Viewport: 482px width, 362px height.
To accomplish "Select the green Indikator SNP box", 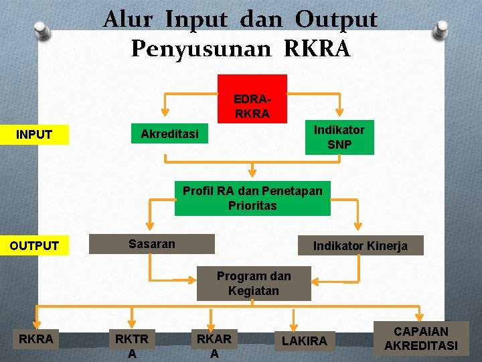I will [339, 137].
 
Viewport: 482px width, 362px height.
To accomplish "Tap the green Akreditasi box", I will [169, 134].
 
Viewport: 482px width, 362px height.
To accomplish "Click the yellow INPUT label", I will [34, 135].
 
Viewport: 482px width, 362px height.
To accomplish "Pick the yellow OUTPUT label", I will [34, 245].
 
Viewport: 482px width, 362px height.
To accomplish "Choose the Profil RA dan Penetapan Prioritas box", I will [252, 198].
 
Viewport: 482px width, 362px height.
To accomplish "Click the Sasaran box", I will [152, 244].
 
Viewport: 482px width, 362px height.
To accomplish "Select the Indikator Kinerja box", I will [360, 245].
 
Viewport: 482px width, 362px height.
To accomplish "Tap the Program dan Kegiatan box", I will [254, 284].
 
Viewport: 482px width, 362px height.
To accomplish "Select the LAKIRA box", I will [305, 341].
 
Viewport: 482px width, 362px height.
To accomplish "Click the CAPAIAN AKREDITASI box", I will [421, 339].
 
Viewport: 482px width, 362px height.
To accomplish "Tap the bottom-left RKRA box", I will [36, 340].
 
